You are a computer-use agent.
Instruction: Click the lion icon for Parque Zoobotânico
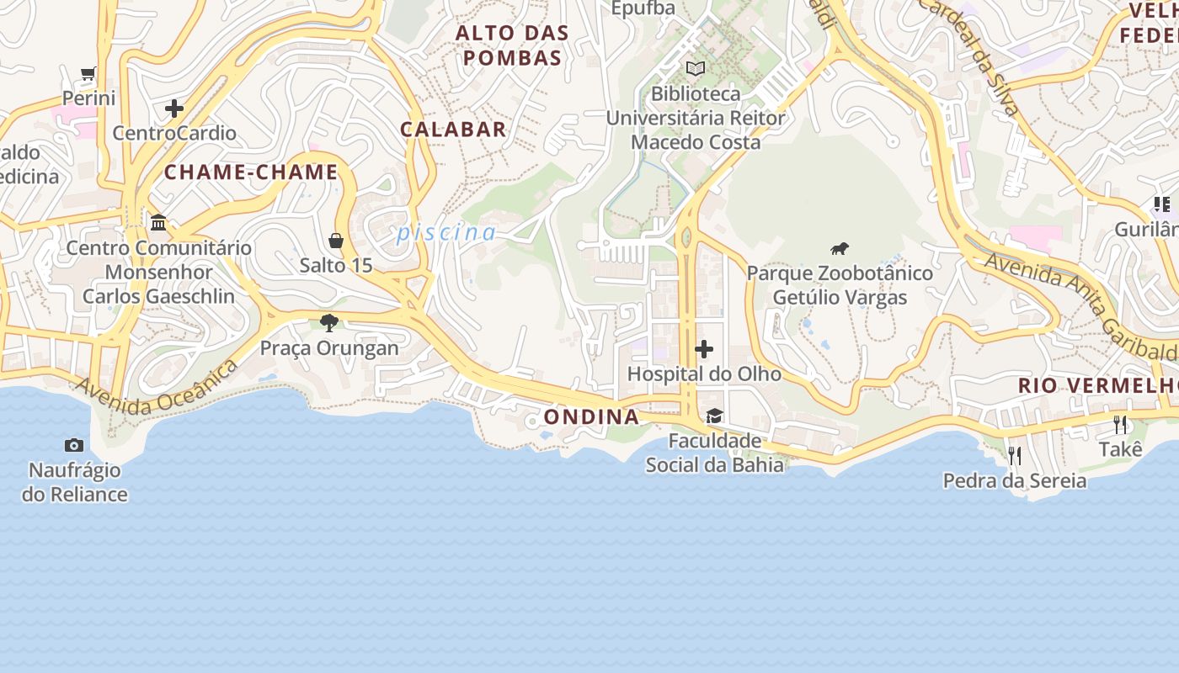tap(839, 248)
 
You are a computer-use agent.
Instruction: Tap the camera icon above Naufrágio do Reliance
tap(74, 445)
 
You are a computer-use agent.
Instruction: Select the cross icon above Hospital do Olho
tap(704, 348)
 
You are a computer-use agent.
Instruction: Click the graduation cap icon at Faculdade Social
tap(714, 416)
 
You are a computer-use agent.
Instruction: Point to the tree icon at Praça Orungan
tap(329, 322)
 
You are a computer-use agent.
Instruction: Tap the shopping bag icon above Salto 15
tap(336, 241)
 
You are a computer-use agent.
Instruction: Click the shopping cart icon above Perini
tap(88, 74)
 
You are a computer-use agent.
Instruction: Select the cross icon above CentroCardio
tap(174, 109)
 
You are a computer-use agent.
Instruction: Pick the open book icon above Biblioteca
tap(695, 68)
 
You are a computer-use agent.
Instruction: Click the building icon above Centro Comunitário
tap(158, 222)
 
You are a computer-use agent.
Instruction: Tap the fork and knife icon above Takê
tap(1120, 424)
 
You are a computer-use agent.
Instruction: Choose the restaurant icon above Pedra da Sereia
tap(1015, 455)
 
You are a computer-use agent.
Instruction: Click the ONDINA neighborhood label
tap(591, 416)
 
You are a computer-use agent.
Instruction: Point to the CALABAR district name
tap(453, 130)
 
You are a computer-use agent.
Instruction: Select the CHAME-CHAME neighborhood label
tap(251, 172)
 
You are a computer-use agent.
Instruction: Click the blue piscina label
tap(446, 232)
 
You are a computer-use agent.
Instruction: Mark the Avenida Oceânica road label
tap(157, 389)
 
